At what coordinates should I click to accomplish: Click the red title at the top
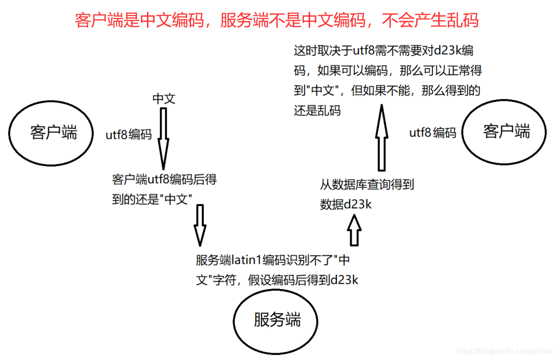277,20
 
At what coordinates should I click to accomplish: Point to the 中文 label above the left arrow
164,98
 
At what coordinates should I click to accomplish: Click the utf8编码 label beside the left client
129,135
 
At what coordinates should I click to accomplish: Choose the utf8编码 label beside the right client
433,132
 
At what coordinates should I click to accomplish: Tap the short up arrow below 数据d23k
354,230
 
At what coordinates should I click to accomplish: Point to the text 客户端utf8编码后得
164,180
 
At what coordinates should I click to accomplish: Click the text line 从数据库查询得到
367,185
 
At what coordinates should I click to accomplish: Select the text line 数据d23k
346,204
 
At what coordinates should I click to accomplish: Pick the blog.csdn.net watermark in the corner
505,351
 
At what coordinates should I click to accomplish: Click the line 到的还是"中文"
151,199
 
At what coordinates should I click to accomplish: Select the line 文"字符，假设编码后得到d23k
277,280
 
